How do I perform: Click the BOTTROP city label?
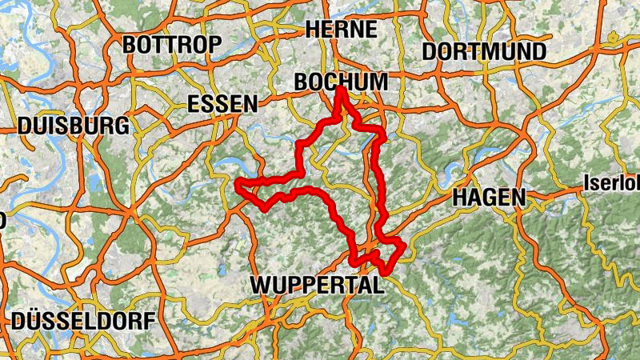coord(171,45)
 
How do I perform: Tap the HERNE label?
coord(341,30)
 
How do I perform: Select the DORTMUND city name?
coord(483,51)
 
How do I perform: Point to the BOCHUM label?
coord(341,82)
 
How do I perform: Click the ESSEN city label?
coord(222,104)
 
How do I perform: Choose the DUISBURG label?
coord(73,126)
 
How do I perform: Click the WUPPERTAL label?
coord(318,285)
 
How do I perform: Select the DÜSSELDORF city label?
coord(83,322)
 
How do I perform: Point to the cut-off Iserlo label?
coord(612,182)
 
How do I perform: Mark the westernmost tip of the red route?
coord(238,186)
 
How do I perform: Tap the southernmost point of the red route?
coord(385,273)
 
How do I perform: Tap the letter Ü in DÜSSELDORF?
coord(39,321)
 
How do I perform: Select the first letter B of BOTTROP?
coord(130,46)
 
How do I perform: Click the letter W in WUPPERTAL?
coord(261,285)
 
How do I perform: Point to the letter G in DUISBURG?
coord(119,126)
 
